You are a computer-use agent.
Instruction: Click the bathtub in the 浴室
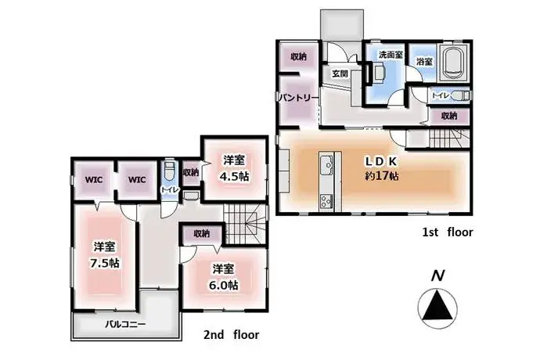coord(454,63)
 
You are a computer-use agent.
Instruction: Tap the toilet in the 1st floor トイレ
coord(460,95)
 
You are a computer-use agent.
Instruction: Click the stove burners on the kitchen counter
coord(326,201)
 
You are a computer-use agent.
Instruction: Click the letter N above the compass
coord(437,276)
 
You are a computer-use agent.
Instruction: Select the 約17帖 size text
coord(382,176)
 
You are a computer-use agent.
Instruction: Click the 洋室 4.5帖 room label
coord(235,168)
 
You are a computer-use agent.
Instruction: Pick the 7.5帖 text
coord(105,263)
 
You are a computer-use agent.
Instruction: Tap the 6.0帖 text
coord(224,285)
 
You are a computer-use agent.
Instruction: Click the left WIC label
coord(94,180)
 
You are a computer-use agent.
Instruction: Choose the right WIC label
coord(137,180)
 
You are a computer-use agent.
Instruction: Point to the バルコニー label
coord(125,324)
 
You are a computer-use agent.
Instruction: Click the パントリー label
coord(299,98)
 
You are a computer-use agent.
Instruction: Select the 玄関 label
coord(340,74)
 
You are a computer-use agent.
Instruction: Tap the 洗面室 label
coord(391,55)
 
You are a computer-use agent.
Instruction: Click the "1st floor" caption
coord(448,232)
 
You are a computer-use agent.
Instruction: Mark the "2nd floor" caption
coord(232,335)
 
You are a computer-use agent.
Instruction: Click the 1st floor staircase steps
coord(449,139)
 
